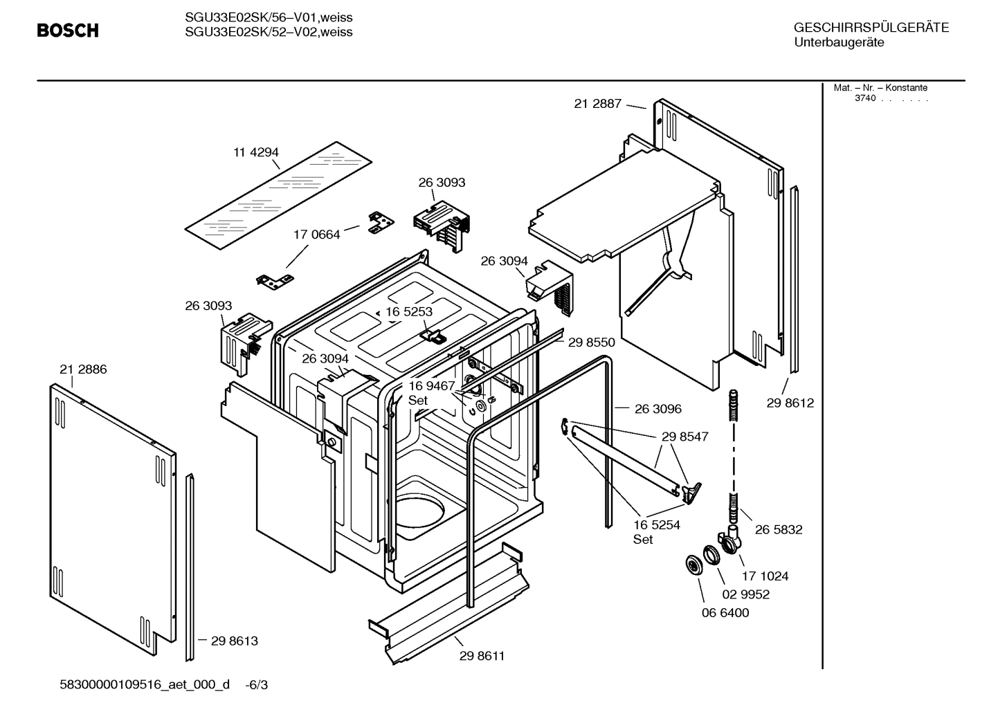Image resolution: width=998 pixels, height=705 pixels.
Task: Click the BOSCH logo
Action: [67, 30]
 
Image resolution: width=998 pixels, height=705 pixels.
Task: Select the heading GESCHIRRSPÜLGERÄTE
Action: [871, 28]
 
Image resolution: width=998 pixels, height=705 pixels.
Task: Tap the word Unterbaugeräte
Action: [838, 42]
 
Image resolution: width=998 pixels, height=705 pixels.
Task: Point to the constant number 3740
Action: [864, 98]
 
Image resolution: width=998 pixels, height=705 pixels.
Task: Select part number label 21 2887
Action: [597, 104]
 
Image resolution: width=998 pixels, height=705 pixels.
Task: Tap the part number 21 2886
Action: [83, 369]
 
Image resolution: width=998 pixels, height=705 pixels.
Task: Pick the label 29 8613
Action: [234, 641]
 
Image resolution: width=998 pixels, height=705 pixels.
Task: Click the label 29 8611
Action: [482, 656]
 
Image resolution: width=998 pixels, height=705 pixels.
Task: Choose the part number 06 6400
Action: [725, 613]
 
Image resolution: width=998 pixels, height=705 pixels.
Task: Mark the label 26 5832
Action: [779, 530]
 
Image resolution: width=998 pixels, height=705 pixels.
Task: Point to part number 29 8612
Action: [790, 403]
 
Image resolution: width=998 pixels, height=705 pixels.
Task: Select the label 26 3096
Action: [657, 409]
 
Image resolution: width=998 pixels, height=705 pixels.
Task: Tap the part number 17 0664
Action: [317, 235]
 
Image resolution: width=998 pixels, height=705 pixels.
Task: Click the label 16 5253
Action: [409, 311]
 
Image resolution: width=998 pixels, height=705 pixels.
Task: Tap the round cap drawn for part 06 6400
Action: [691, 564]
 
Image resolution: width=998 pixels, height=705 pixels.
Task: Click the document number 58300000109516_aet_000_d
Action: [145, 685]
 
